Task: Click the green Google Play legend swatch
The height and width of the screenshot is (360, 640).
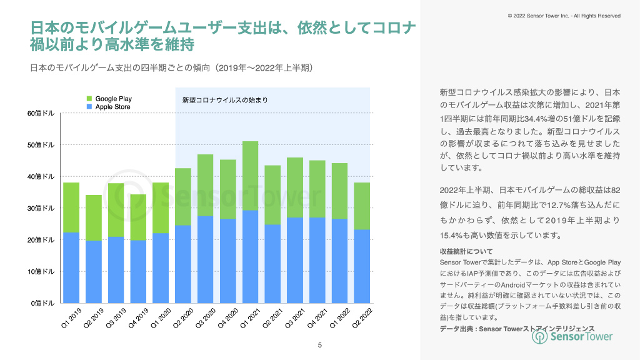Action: pyautogui.click(x=89, y=99)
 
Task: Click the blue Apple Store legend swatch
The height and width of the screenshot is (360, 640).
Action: pyautogui.click(x=89, y=107)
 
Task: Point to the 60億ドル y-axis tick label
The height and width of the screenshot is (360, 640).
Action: pyautogui.click(x=41, y=113)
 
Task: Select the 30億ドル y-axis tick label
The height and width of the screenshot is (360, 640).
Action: pyautogui.click(x=41, y=208)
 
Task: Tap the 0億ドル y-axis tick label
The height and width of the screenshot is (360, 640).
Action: pyautogui.click(x=43, y=303)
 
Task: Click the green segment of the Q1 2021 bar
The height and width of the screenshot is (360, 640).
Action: pyautogui.click(x=250, y=176)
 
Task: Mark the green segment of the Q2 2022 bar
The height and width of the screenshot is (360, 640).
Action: pyautogui.click(x=362, y=206)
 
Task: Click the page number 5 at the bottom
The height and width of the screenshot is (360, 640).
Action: pyautogui.click(x=320, y=345)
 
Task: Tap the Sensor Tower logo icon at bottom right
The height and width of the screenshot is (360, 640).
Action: pyautogui.click(x=540, y=336)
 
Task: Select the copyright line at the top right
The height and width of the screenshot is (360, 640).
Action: pyautogui.click(x=564, y=16)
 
